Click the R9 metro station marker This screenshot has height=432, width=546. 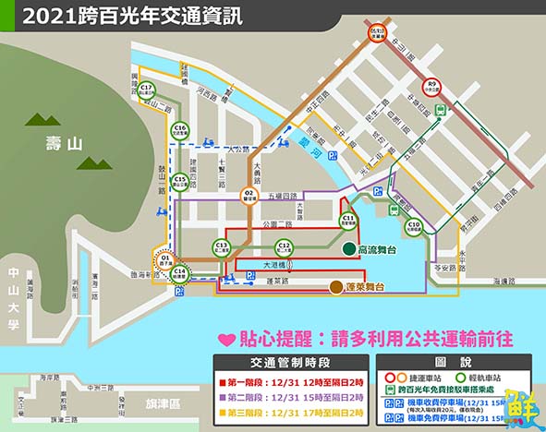click(431, 88)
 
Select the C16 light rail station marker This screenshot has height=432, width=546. click(181, 130)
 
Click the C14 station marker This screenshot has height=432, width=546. click(180, 272)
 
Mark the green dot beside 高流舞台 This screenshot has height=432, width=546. click(348, 249)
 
